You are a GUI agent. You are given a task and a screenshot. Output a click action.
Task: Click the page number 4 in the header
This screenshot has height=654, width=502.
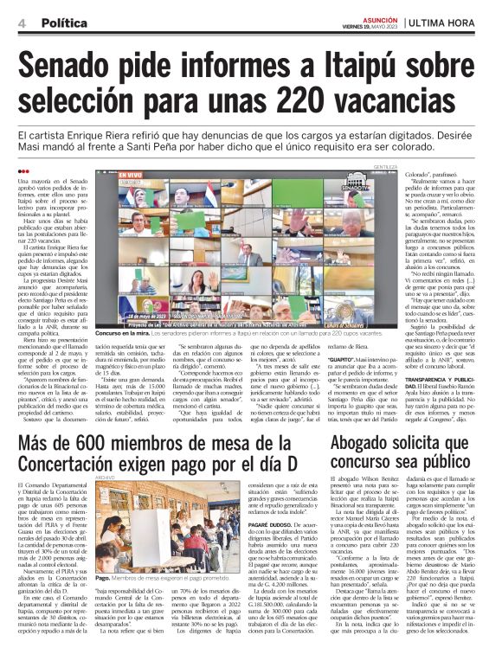21,23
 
